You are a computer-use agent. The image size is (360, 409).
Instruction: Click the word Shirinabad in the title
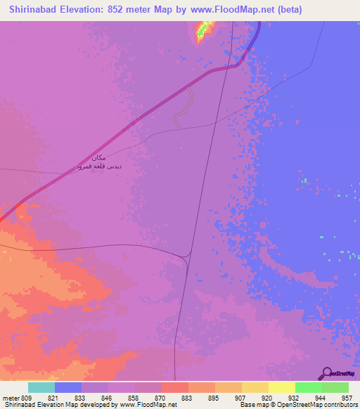pos(34,9)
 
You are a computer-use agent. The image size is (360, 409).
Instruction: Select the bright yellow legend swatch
pos(281,387)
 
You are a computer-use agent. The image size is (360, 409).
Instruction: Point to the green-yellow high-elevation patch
pos(205,30)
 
